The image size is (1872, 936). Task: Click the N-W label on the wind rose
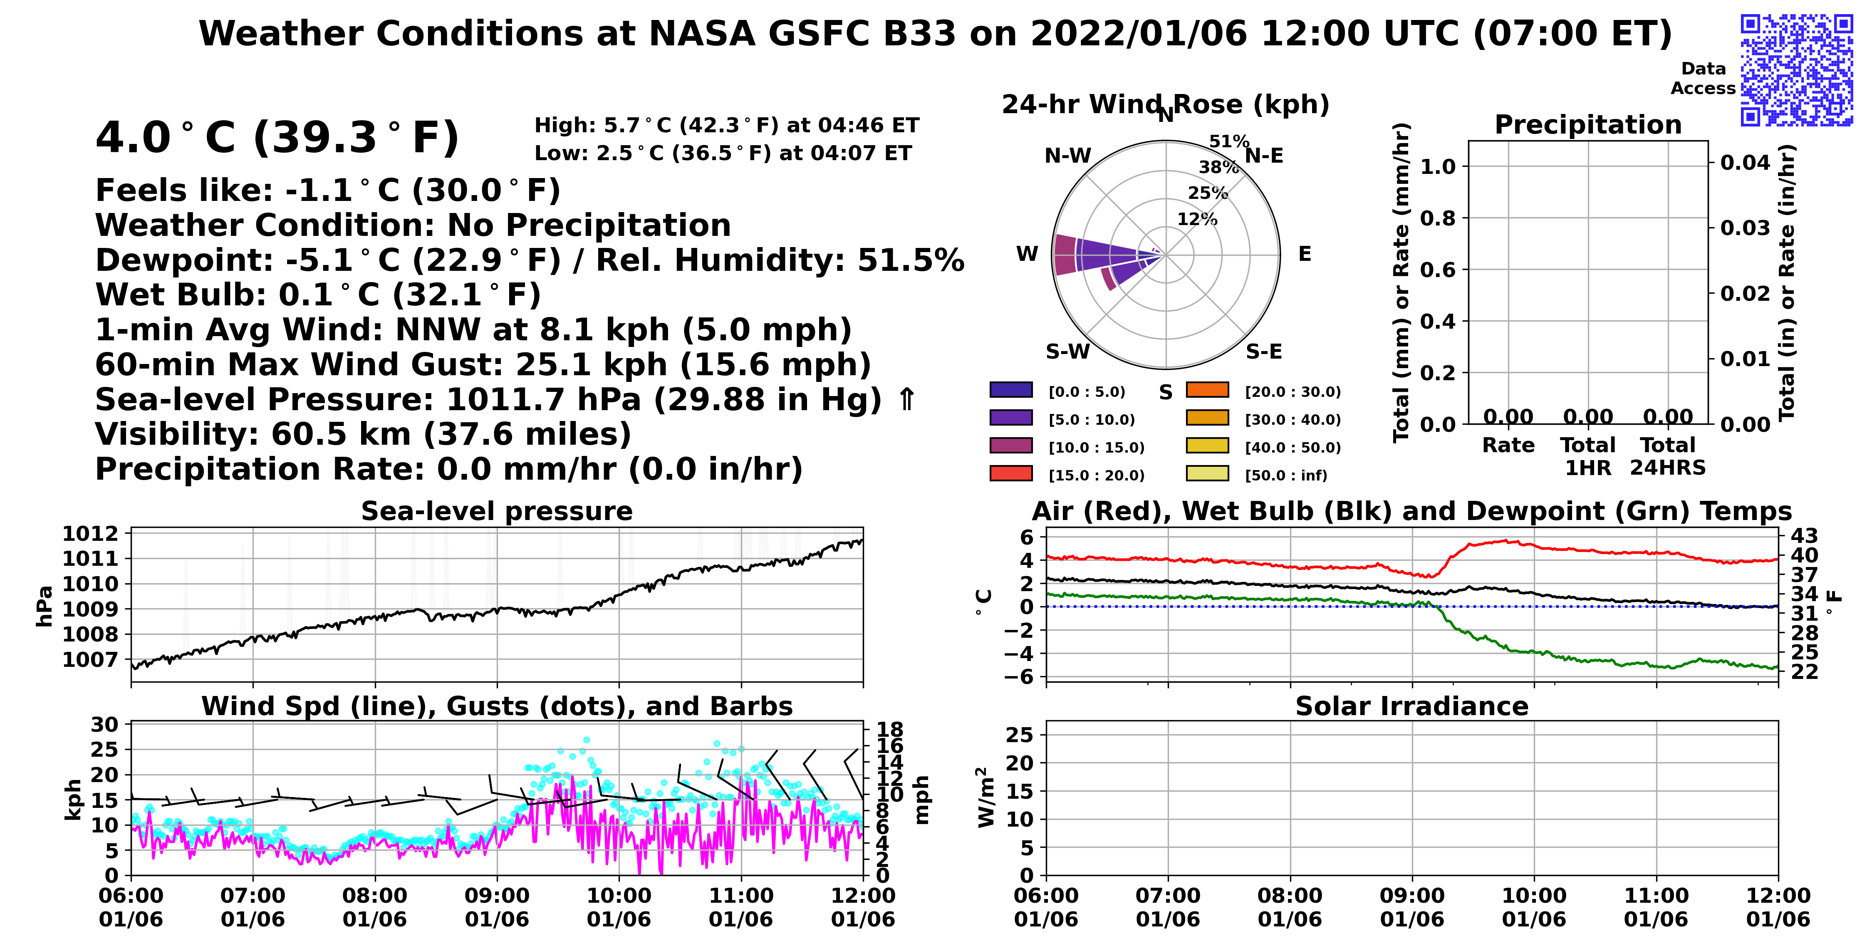[x=1067, y=156]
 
